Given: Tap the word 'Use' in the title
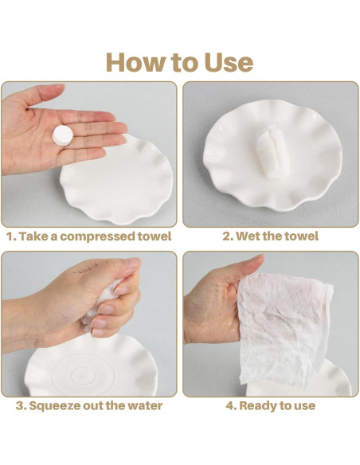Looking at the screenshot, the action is tap(229, 62).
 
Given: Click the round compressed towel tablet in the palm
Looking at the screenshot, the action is tap(63, 135).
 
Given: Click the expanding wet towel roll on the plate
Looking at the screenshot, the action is tap(272, 152).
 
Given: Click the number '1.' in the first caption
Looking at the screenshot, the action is tap(12, 236).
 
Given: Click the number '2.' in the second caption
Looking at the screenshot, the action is tap(228, 236).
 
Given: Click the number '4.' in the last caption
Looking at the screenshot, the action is tap(231, 406).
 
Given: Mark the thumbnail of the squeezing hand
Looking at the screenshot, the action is tap(132, 262).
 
